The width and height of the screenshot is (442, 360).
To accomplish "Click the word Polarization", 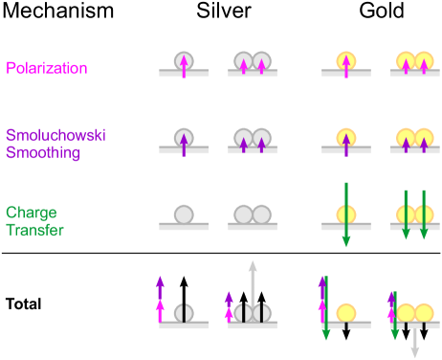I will (47, 68).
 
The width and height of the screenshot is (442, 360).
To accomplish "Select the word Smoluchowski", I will (55, 135).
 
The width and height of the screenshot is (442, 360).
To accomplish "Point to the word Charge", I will (30, 213).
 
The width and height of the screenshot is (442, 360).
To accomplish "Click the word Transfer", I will (34, 229).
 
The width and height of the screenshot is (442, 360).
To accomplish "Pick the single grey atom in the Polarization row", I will (183, 62).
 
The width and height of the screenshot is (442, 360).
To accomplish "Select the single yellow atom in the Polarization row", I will (346, 62).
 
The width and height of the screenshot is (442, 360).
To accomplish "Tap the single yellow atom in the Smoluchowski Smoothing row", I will (346, 138).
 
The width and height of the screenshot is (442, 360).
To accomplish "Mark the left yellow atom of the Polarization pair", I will (406, 62).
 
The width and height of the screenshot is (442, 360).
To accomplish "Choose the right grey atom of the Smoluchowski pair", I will (261, 138).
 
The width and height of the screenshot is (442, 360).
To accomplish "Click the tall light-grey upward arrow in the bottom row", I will (253, 287).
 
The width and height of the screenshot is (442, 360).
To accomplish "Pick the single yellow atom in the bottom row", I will (346, 313).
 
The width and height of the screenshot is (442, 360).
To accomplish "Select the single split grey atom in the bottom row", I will (183, 313).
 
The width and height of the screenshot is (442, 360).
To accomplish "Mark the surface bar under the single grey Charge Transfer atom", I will (183, 227).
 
